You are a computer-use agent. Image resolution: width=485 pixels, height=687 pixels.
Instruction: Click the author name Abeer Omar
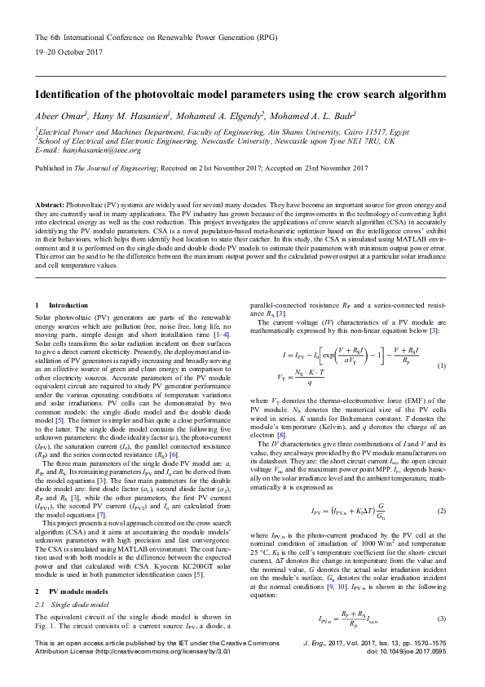coord(60,115)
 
